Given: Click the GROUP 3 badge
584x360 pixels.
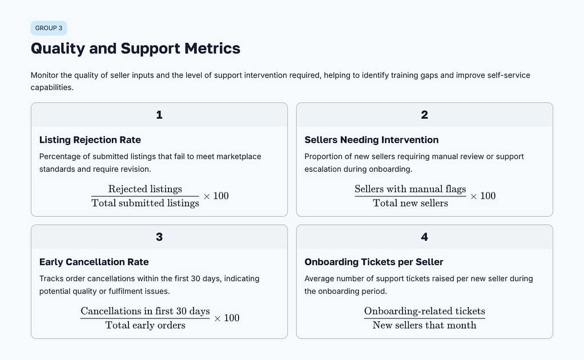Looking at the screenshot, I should coord(49,28).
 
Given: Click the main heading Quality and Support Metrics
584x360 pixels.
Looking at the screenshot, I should coord(135,48).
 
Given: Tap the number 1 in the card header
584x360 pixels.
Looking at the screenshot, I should coord(159,115).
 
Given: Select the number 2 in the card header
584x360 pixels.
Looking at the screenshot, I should coord(424,115).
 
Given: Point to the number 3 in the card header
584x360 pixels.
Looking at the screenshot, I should coord(159,237).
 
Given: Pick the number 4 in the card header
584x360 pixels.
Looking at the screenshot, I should coord(424,237).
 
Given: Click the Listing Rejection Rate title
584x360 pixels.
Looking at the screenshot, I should coord(90,140).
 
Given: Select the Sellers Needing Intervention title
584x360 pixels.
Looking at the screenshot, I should coord(372,140).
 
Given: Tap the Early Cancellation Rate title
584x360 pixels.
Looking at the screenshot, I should coord(94,262).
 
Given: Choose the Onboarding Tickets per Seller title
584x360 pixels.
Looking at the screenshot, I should coord(374,262).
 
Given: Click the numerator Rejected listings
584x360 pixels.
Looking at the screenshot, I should coord(145,189).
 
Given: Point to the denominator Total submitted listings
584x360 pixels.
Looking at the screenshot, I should coord(145,203).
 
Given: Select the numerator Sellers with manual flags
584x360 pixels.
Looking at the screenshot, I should coord(410,189).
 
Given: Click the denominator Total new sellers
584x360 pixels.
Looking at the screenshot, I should coord(410,203).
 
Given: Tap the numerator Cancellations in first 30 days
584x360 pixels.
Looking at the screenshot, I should coord(145,311).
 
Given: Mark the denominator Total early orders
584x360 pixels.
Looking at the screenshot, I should coord(145,325).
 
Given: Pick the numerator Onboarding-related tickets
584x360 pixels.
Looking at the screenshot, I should coord(424,311).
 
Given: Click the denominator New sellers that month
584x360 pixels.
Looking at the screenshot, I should coord(424,325).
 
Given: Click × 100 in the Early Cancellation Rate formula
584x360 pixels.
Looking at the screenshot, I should coord(227,318).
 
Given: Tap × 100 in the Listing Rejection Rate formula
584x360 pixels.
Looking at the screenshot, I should coord(216,196).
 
